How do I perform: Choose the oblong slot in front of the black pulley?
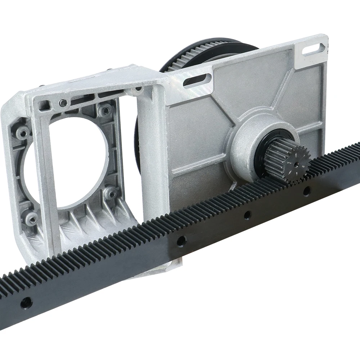tap(197, 80)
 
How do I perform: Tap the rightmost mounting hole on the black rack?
tap(307, 191)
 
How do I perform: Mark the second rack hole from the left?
tap(181, 240)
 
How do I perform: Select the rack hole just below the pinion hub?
tap(248, 215)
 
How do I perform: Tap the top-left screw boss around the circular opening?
tap(22, 132)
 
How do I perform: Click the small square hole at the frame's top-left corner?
tap(44, 105)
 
